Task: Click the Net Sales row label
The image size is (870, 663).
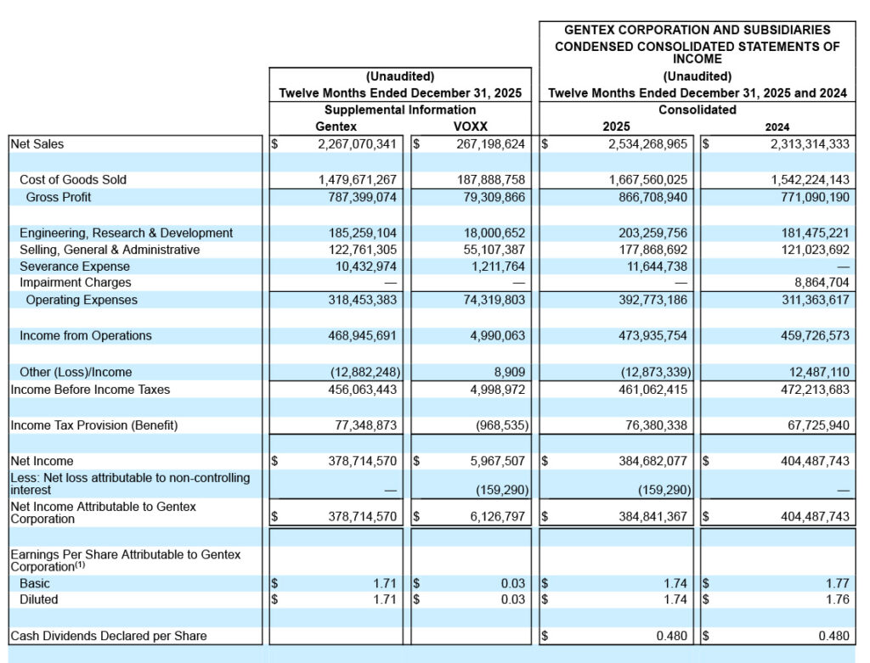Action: tap(37, 144)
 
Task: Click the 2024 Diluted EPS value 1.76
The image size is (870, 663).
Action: tap(837, 599)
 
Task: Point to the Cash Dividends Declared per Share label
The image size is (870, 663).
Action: tap(108, 635)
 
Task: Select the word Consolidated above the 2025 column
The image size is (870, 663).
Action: tap(697, 110)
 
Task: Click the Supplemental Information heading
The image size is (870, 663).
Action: tap(399, 110)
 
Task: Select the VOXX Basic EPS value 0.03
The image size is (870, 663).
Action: tap(512, 583)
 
